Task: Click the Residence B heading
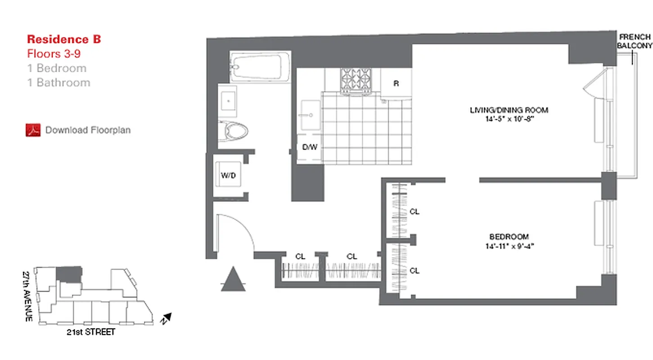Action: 64,39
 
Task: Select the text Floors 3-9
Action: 54,54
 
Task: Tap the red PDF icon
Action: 33,130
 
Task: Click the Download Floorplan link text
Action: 88,130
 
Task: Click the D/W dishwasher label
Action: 309,147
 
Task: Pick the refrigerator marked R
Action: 396,83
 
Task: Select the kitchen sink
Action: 310,114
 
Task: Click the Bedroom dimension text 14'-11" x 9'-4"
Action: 509,246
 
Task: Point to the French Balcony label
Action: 635,41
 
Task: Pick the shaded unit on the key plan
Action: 69,274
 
